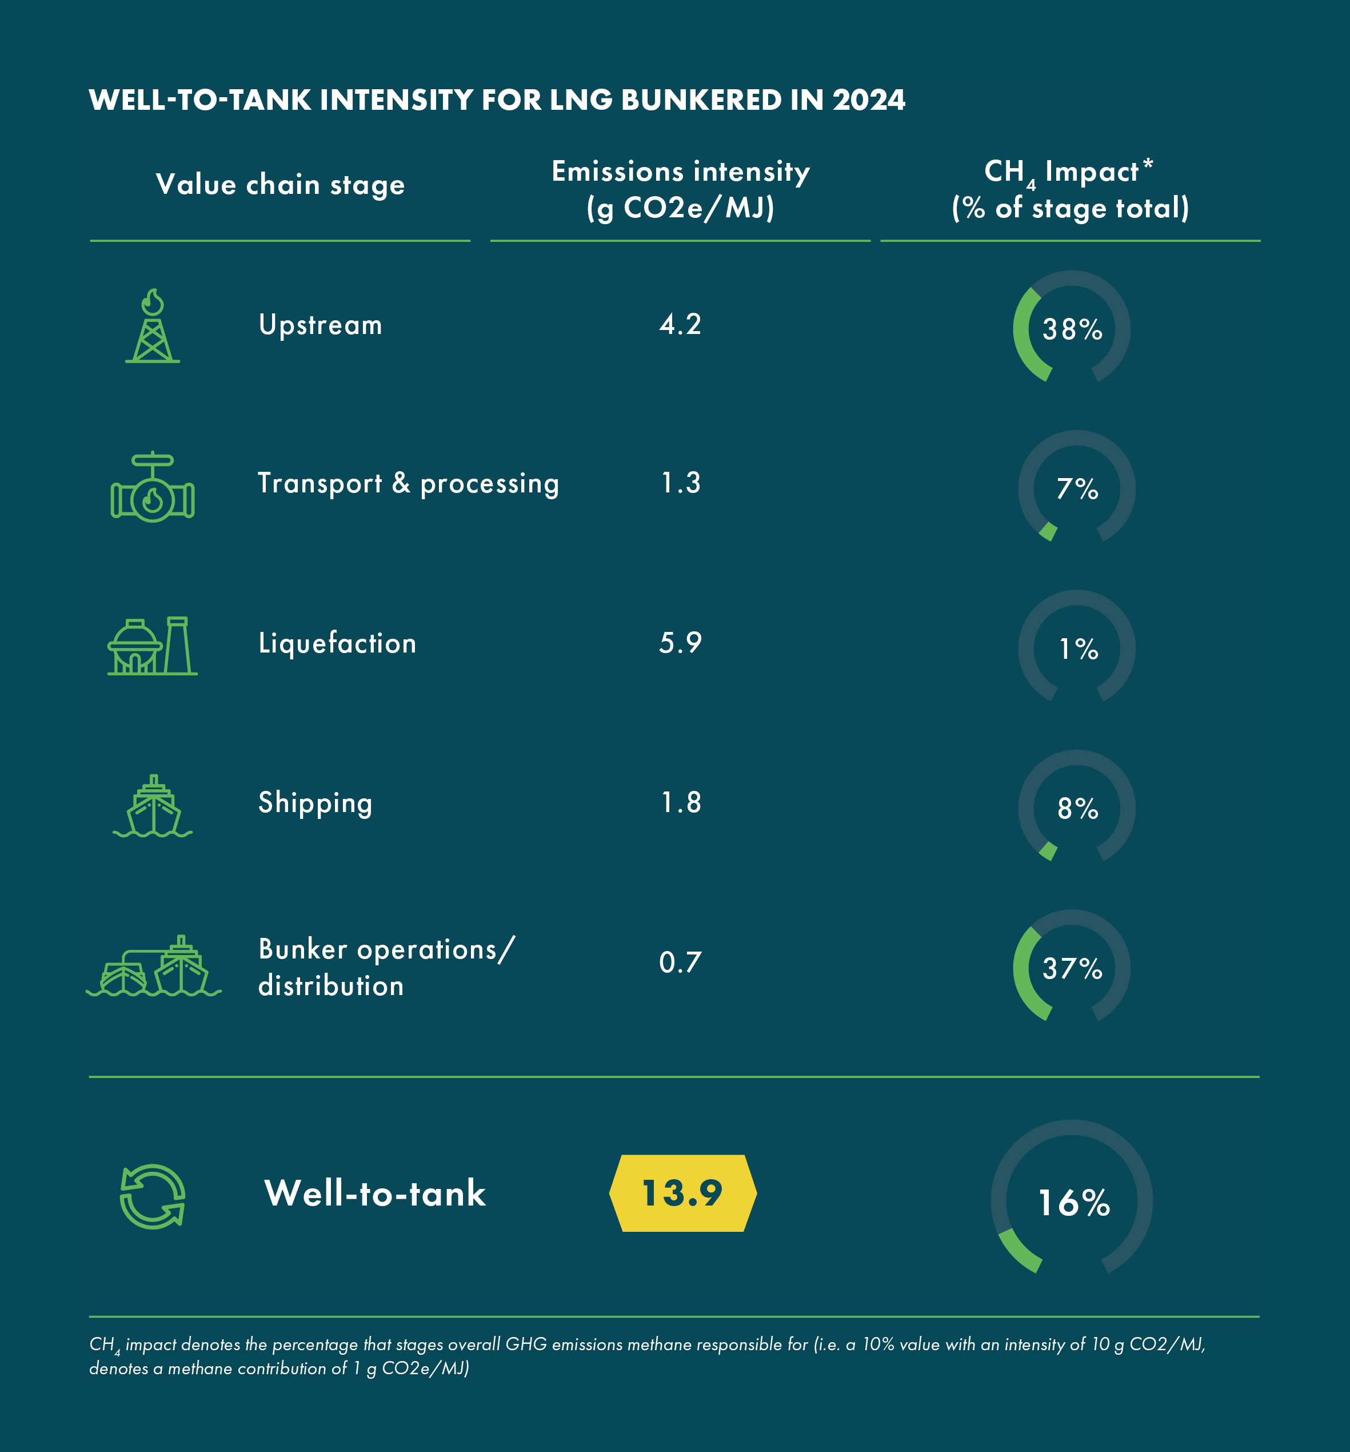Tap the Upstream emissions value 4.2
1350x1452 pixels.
[x=680, y=324]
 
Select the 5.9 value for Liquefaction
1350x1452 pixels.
[x=680, y=643]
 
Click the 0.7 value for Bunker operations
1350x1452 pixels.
[x=680, y=962]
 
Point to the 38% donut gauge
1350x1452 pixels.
[x=1071, y=329]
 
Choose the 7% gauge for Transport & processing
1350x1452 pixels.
[x=1076, y=488]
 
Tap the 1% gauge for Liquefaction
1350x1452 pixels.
[x=1076, y=648]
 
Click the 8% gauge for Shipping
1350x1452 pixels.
[x=1076, y=808]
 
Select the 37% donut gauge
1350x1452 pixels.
[x=1071, y=968]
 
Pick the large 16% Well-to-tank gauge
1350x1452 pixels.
[x=1071, y=1202]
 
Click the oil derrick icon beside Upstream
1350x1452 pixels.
[x=153, y=326]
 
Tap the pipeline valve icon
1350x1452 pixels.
[x=153, y=487]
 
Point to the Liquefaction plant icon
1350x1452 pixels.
[x=153, y=646]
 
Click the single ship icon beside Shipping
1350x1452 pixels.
[x=153, y=806]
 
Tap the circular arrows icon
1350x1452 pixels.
[x=152, y=1196]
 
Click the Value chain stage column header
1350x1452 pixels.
[x=281, y=185]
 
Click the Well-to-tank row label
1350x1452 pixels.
[x=374, y=1194]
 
